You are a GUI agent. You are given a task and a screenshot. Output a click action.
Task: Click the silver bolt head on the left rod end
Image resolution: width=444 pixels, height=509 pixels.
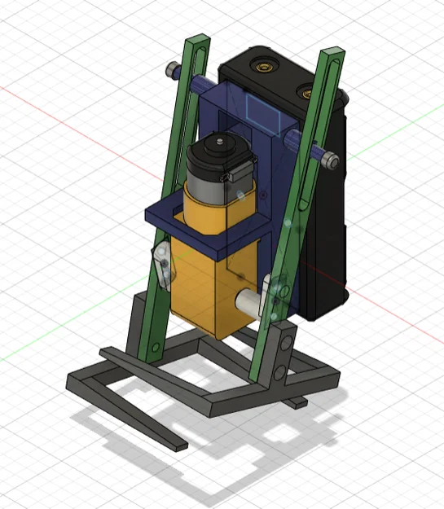coord(174,70)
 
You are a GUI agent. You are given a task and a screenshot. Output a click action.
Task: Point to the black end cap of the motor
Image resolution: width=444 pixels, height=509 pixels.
coord(216,150)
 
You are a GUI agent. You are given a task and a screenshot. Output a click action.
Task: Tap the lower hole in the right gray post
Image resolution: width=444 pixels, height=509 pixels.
coord(281,371)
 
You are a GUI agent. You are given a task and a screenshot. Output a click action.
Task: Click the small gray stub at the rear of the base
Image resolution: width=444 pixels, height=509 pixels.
coord(297,402)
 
